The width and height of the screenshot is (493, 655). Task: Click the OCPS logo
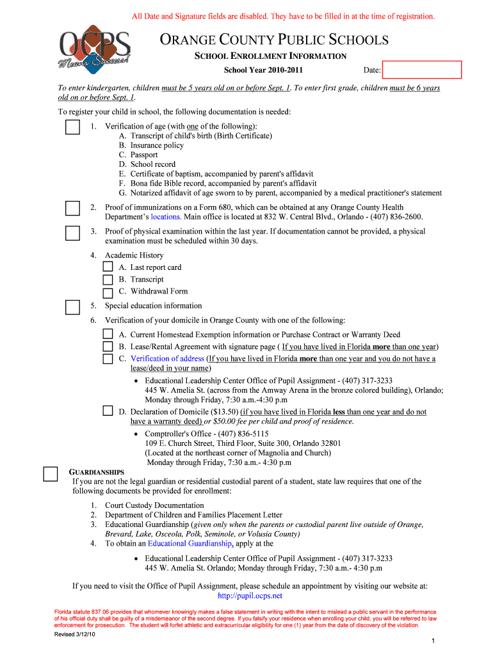pyautogui.click(x=94, y=51)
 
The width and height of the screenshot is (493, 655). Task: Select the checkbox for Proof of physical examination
pyautogui.click(x=72, y=233)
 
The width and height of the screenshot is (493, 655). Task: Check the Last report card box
pyautogui.click(x=108, y=267)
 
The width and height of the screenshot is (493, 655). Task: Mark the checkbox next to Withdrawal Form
pyautogui.click(x=108, y=292)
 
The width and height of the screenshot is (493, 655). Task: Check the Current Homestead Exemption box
pyautogui.click(x=108, y=335)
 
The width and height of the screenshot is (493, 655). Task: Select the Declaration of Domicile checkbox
pyautogui.click(x=108, y=411)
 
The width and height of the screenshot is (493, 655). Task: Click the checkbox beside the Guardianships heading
pyautogui.click(x=51, y=474)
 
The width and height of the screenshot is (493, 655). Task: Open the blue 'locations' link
pyautogui.click(x=169, y=217)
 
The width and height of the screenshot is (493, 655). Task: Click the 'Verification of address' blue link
pyautogui.click(x=167, y=359)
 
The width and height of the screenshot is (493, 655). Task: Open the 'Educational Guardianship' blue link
pyautogui.click(x=190, y=543)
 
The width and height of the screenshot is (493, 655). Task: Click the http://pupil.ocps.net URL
pyautogui.click(x=250, y=596)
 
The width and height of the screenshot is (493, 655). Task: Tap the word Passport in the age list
pyautogui.click(x=144, y=155)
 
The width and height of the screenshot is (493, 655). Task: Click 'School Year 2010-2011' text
pyautogui.click(x=263, y=70)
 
